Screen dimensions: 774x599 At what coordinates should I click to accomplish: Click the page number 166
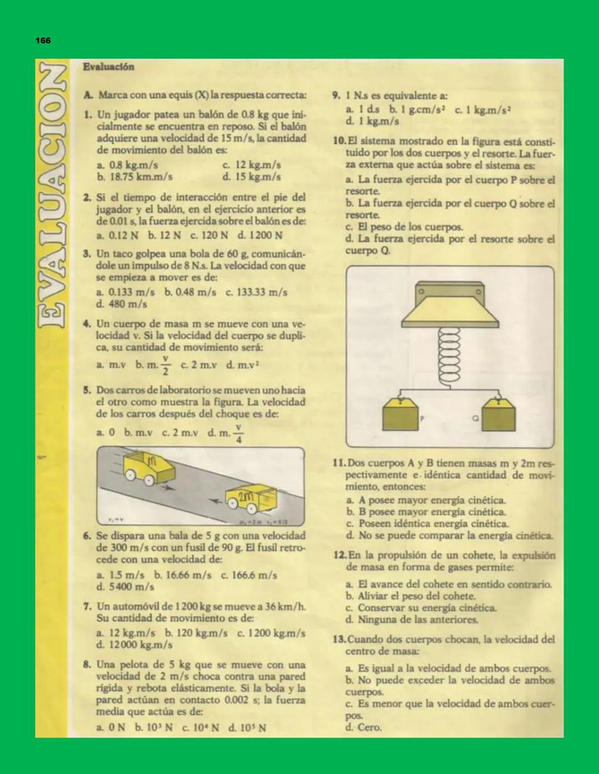[x=43, y=40]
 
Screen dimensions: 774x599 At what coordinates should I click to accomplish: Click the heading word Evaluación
[x=109, y=66]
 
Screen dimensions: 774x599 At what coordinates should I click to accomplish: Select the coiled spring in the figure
[x=449, y=355]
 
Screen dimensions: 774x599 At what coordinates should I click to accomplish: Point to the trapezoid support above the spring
[x=450, y=310]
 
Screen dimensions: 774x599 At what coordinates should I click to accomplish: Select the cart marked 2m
[x=251, y=500]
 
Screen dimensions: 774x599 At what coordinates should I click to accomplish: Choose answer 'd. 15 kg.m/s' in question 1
[x=251, y=177]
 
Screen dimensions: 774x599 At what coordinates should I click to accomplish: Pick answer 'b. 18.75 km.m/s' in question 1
[x=134, y=177]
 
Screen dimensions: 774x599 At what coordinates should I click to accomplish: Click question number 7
[x=87, y=606]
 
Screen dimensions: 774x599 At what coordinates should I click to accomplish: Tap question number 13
[x=339, y=639]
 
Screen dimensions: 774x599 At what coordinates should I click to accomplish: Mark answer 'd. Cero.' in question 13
[x=363, y=727]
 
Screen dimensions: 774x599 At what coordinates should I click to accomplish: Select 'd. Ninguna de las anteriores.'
[x=412, y=619]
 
